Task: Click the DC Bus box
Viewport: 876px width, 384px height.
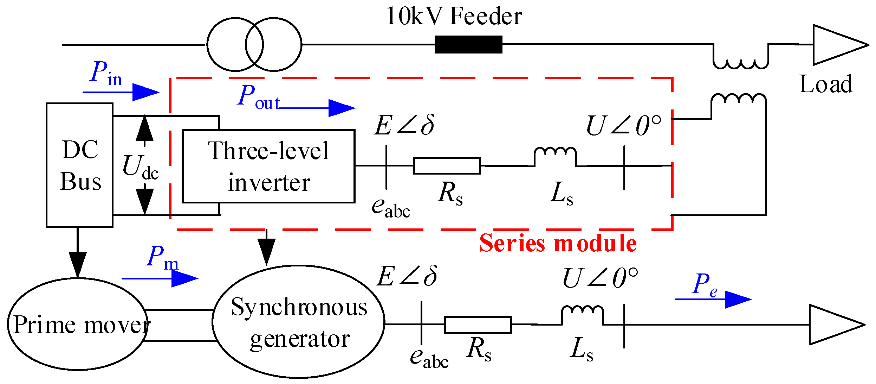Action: [79, 165]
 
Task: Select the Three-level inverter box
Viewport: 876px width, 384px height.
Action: [268, 166]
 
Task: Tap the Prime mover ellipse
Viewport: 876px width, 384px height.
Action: [77, 324]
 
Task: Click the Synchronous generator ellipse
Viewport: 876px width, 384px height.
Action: [298, 321]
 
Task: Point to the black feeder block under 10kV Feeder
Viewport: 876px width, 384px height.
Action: [468, 44]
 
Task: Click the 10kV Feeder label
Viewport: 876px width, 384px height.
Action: [454, 16]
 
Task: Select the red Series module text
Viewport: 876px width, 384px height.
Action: [558, 243]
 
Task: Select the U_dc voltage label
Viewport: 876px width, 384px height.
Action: [140, 167]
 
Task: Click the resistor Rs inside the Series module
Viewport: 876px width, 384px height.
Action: [447, 165]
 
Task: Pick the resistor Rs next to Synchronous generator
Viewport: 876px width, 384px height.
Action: [478, 325]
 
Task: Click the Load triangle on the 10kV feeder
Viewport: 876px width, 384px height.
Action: [836, 45]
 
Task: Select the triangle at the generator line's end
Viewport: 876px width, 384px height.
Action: [833, 325]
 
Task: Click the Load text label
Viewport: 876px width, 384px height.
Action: [825, 84]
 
